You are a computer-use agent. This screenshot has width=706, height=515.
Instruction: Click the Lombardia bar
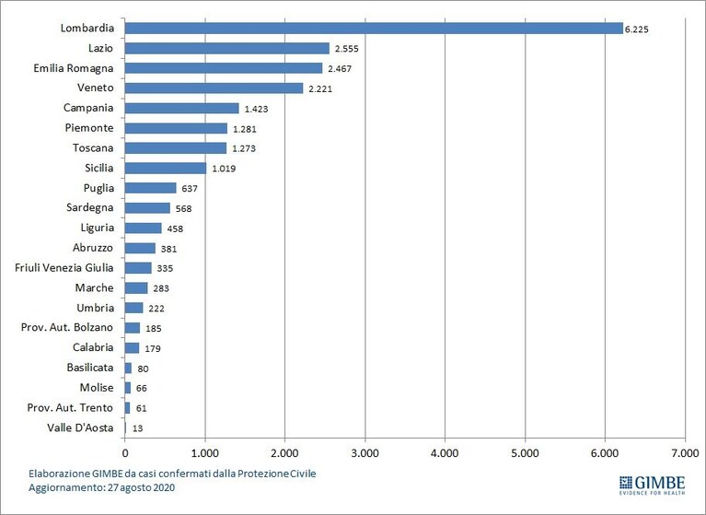click(374, 29)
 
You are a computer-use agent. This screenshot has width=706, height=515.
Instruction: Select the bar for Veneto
click(214, 88)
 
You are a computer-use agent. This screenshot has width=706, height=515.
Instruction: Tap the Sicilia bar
click(166, 168)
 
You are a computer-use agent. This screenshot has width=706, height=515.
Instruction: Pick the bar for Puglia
click(150, 188)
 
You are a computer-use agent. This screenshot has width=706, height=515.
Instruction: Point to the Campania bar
click(182, 108)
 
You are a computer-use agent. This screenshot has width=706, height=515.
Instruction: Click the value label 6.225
click(637, 29)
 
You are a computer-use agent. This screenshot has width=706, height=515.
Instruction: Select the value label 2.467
click(340, 69)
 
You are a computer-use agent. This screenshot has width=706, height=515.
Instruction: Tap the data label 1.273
click(244, 148)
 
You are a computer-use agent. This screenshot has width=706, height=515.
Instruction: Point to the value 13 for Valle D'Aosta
click(137, 428)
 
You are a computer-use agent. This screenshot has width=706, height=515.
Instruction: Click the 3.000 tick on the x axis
click(365, 453)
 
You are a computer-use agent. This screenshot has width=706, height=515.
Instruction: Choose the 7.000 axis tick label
click(685, 453)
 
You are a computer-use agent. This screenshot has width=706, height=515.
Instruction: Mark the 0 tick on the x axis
click(124, 453)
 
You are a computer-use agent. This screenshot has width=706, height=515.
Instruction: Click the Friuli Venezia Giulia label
click(64, 268)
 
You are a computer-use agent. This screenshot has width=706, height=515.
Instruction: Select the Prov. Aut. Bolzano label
click(66, 327)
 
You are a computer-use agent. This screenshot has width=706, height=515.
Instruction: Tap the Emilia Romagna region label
click(74, 68)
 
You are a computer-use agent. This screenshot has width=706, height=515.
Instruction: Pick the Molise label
click(97, 388)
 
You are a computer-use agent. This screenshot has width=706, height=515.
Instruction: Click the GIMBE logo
click(652, 486)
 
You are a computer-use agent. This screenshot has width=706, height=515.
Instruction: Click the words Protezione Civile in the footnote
click(276, 474)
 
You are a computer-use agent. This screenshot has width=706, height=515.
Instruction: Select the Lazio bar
click(227, 48)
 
